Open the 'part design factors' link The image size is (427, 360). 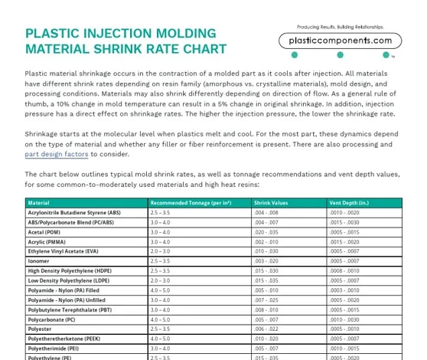[57, 153]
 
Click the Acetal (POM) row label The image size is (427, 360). [44, 232]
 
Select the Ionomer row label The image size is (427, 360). [38, 260]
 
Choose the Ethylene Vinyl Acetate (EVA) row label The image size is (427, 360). [64, 251]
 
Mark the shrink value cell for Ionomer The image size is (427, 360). [266, 260]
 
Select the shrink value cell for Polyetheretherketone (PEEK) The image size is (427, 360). [266, 338]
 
